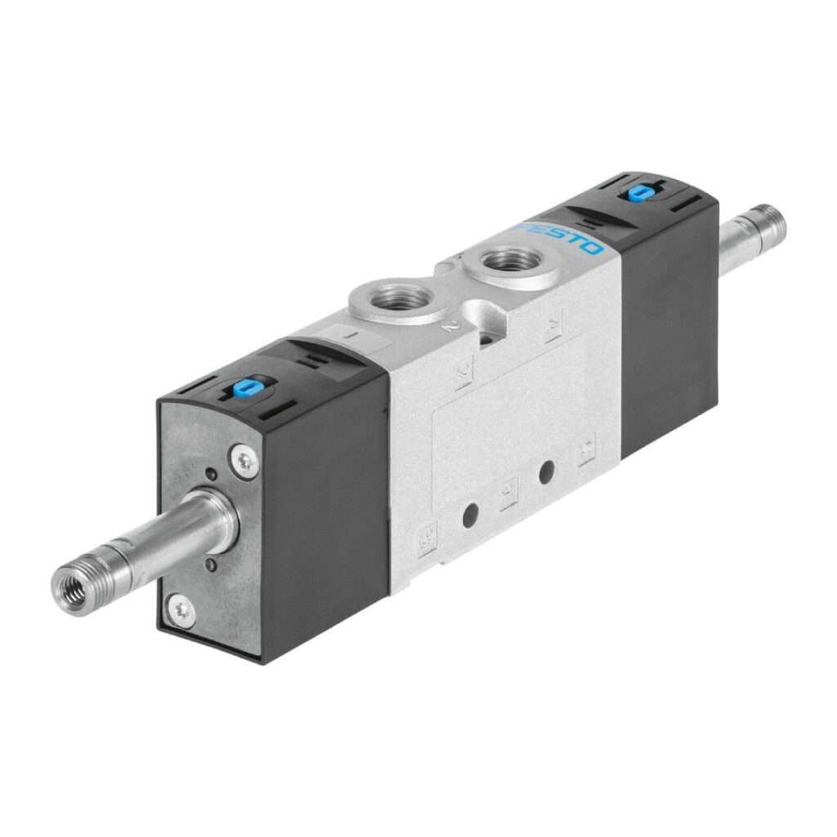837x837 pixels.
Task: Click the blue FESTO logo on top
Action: tap(562, 236)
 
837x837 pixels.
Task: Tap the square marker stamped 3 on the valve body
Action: tap(426, 540)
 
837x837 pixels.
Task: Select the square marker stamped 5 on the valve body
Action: tap(586, 448)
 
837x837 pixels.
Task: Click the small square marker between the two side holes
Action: tap(508, 495)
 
